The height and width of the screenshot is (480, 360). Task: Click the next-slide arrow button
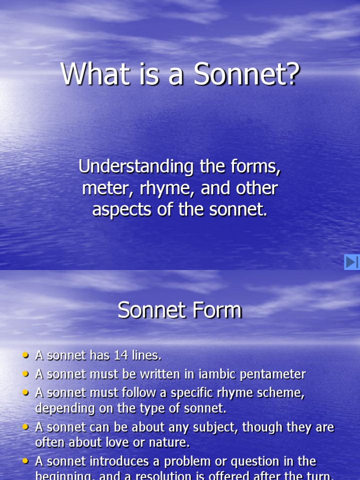[x=352, y=262]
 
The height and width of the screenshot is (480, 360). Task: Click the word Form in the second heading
[x=219, y=310]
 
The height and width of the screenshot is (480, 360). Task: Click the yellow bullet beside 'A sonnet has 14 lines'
[x=26, y=356]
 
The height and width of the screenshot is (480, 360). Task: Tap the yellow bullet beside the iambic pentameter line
[x=26, y=374]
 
